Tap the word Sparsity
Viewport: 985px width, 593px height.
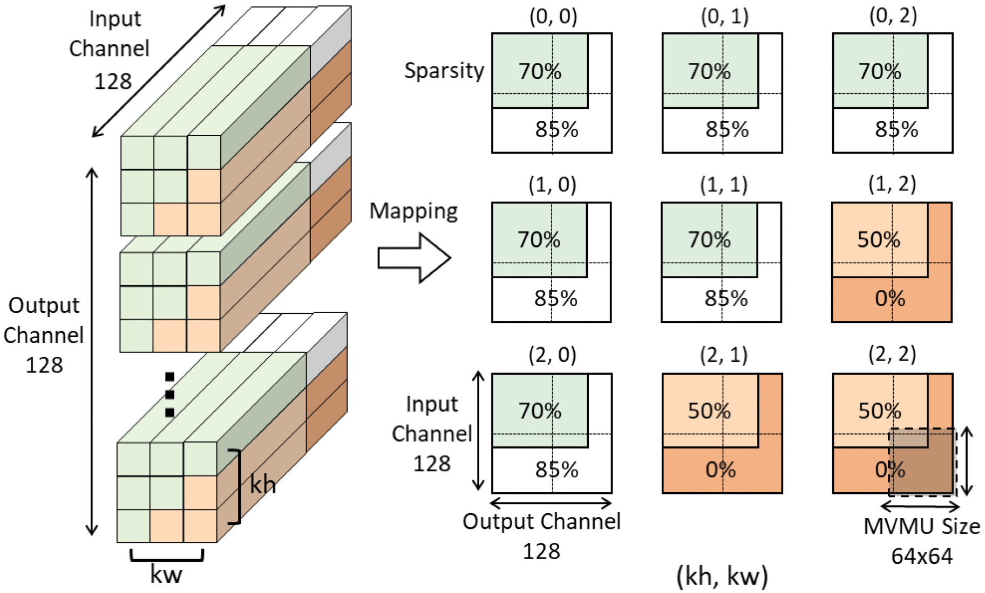[x=444, y=71]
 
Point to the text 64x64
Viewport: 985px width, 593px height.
[x=922, y=556]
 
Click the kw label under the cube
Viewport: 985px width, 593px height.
[x=166, y=575]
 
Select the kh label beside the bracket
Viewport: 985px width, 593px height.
[x=263, y=485]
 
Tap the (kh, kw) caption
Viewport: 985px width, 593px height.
[x=722, y=576]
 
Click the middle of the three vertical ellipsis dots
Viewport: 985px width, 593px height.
[x=170, y=395]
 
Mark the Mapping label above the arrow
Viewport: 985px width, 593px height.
[x=413, y=211]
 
